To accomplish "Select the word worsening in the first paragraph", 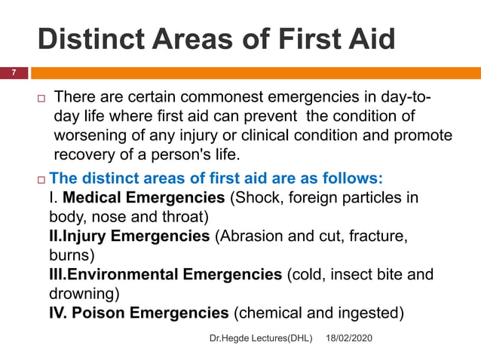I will [93, 136].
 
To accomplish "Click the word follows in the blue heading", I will [353, 179].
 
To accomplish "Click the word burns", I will [69, 255].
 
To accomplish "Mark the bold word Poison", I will [102, 311].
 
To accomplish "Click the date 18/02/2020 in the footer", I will [349, 341].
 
